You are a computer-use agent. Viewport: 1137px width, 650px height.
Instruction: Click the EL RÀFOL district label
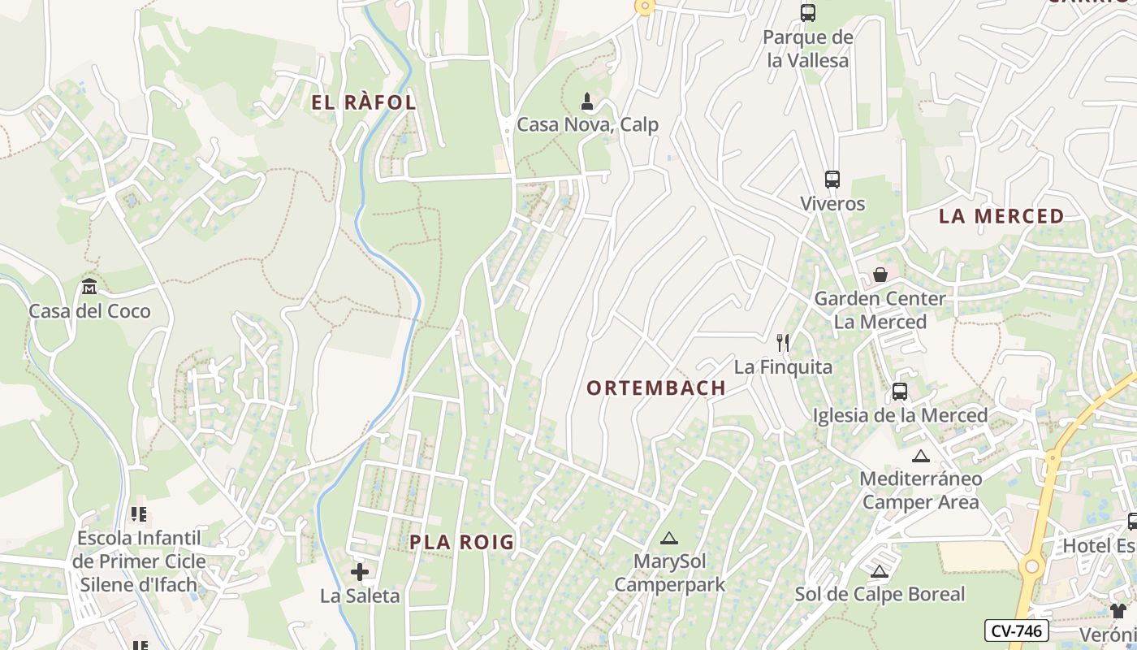(x=364, y=102)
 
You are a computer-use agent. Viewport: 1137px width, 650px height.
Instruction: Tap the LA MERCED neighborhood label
(x=1001, y=216)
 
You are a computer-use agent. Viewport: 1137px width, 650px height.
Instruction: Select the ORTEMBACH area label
(x=656, y=388)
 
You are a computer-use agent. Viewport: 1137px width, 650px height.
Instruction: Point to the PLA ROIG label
(x=462, y=542)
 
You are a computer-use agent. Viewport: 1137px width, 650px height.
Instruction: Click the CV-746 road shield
(x=1016, y=630)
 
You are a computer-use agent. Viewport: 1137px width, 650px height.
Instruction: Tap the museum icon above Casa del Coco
(x=89, y=287)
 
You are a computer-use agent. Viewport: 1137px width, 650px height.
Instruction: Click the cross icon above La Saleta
(x=360, y=572)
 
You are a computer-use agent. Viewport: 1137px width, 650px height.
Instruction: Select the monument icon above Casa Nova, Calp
(x=587, y=102)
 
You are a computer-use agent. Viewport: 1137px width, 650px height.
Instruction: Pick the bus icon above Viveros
(x=832, y=180)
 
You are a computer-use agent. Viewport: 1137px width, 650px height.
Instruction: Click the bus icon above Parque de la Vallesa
(x=808, y=13)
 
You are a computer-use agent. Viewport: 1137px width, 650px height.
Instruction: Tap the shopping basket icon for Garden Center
(x=880, y=275)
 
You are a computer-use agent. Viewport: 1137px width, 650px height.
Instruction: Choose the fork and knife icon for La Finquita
(x=783, y=343)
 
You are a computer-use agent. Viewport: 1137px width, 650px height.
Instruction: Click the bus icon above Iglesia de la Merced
(x=900, y=392)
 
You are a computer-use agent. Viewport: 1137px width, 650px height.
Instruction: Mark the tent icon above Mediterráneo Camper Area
(x=920, y=456)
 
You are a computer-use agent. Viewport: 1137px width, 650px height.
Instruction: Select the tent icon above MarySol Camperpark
(x=668, y=538)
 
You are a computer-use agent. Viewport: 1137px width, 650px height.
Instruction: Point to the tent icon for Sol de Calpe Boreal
(x=879, y=571)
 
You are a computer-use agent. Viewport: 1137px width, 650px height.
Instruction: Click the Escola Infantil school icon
(x=138, y=514)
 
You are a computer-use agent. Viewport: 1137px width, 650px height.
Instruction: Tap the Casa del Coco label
(x=89, y=311)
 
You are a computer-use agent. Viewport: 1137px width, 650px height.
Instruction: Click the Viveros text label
(x=832, y=204)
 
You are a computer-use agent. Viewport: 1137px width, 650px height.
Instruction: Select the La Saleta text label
(x=360, y=596)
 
